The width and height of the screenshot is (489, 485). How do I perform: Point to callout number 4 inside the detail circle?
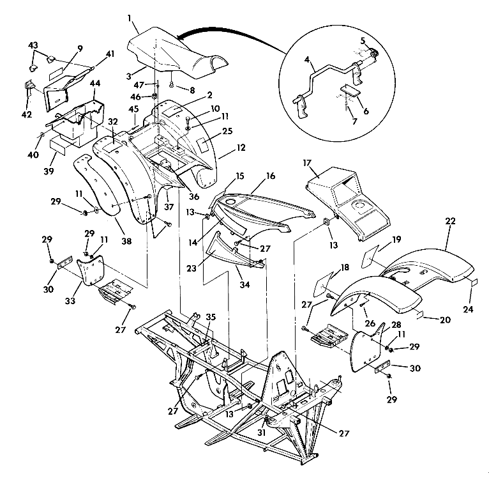click(308, 61)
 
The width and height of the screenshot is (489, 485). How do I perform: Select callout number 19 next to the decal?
click(396, 240)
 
